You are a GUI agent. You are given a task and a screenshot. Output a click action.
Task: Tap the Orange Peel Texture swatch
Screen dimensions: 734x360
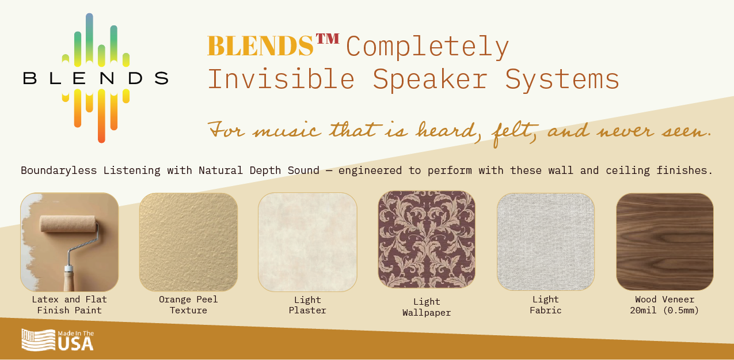tap(188, 242)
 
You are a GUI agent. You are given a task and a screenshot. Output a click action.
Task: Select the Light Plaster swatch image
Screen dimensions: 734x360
tap(307, 242)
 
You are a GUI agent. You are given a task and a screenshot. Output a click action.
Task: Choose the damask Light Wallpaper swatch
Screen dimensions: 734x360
tap(427, 240)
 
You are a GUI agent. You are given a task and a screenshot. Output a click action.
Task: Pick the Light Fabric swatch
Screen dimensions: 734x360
tap(546, 242)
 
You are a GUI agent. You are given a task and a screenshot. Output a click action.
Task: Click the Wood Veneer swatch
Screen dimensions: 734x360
tap(665, 242)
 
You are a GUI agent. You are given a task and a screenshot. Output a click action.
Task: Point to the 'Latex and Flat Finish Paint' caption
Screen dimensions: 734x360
tap(70, 305)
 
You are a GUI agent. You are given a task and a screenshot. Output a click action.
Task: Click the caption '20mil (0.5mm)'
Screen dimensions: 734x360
tap(664, 310)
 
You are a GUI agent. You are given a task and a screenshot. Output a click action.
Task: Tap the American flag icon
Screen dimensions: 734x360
tap(39, 340)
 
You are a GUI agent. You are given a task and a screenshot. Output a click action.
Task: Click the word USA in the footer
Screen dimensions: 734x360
tap(75, 344)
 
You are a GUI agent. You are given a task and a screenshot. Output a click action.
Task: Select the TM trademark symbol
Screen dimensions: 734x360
tap(328, 39)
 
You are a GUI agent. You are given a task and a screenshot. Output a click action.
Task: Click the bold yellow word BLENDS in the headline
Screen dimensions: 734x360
tap(261, 46)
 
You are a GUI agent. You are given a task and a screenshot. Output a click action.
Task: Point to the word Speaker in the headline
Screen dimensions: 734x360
tap(430, 79)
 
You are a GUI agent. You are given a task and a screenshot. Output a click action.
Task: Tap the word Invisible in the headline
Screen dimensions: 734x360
tap(282, 79)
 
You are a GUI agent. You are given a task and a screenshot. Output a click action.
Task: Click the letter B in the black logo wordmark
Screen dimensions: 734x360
tap(29, 78)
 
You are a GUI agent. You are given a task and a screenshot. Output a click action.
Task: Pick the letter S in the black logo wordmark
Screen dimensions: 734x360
tap(162, 78)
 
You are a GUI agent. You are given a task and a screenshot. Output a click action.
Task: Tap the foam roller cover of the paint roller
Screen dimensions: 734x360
tap(68, 224)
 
